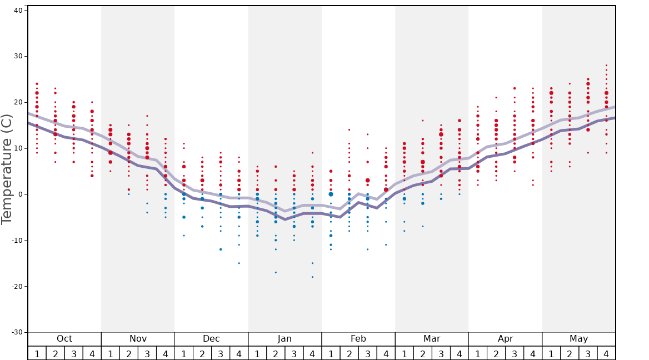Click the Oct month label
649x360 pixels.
(64, 339)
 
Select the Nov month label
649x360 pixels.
(138, 339)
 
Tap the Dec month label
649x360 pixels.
(211, 339)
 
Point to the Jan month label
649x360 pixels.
(284, 339)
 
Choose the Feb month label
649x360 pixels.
(358, 339)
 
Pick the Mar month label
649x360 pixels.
(432, 339)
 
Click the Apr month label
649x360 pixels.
(505, 339)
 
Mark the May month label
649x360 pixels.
(578, 339)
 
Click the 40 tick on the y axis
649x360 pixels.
(18, 10)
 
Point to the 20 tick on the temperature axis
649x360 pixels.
(18, 102)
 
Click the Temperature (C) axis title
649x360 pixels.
(7, 169)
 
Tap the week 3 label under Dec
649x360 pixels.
(221, 353)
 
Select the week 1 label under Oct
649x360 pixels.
(37, 353)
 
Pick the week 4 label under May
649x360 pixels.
(606, 353)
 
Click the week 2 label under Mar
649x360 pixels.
(422, 353)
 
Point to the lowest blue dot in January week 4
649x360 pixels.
(312, 277)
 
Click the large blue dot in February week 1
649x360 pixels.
(331, 194)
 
